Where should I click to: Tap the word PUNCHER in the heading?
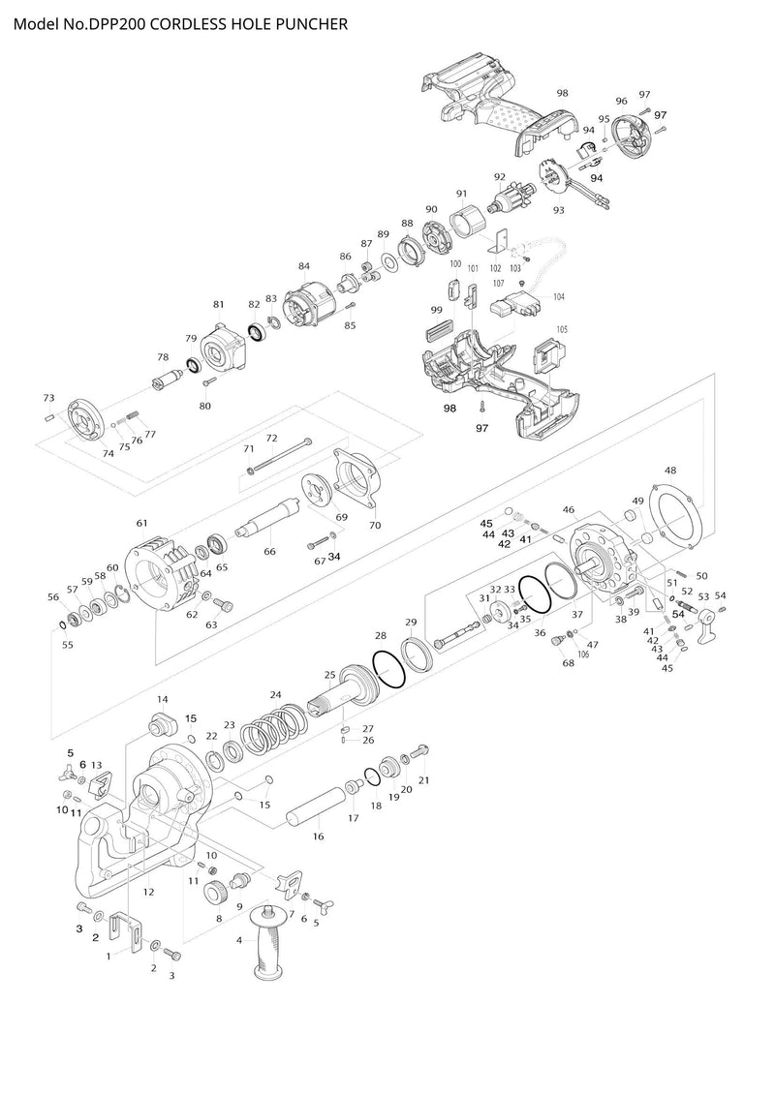(x=307, y=20)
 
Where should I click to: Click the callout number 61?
(x=142, y=523)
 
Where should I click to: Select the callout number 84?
(x=304, y=266)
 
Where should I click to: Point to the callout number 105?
(x=562, y=329)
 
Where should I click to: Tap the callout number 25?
(x=330, y=675)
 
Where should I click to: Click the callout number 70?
(x=375, y=525)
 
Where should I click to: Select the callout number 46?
(x=569, y=509)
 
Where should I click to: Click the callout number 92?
(x=500, y=177)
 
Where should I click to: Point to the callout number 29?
(x=411, y=623)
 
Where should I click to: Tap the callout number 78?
(x=163, y=357)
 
